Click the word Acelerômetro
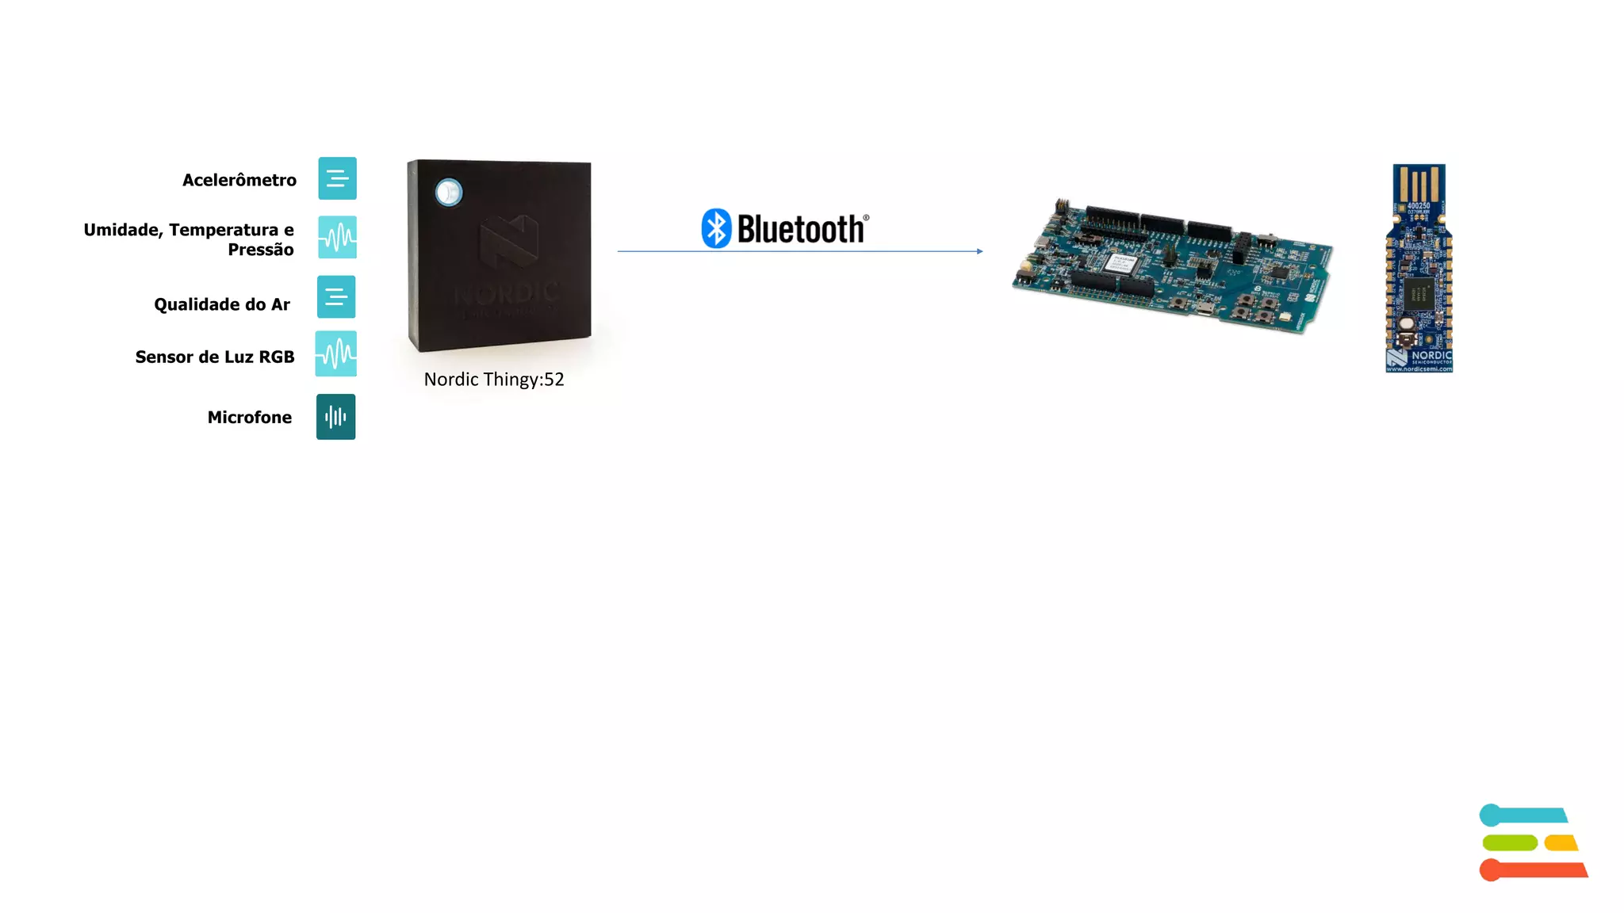pos(239,180)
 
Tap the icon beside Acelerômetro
pos(337,178)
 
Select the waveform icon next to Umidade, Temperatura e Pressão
pos(337,237)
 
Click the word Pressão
pos(261,250)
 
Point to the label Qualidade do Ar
pos(222,304)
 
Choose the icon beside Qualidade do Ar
pos(336,296)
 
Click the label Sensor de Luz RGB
pos(215,357)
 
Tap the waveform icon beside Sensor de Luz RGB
pos(336,353)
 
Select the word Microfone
pos(250,417)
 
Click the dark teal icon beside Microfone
pos(335,417)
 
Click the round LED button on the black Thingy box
pos(449,193)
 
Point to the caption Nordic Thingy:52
pos(494,380)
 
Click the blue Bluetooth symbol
pos(716,228)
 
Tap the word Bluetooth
pos(800,229)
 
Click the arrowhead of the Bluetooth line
pos(980,251)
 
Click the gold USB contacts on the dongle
pos(1419,184)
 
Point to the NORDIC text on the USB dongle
pos(1431,355)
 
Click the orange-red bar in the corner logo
pos(1534,869)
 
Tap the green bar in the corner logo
pos(1510,842)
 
